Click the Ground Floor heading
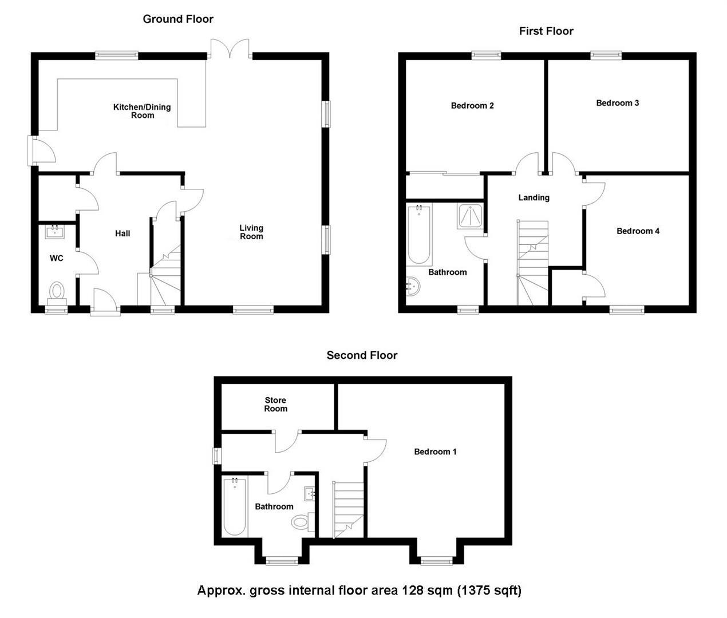(178, 19)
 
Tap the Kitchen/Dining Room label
(142, 111)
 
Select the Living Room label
(251, 232)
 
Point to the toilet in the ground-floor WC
(57, 291)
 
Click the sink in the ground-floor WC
(55, 231)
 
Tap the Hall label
(123, 233)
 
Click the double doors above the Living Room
(230, 49)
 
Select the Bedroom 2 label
(472, 105)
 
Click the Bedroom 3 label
(617, 103)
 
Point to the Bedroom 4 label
(638, 231)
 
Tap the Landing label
(534, 197)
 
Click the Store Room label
(275, 404)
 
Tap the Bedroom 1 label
(435, 451)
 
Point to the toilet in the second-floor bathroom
(301, 521)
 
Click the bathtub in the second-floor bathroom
(235, 506)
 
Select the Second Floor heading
(362, 355)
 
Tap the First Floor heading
(546, 31)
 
